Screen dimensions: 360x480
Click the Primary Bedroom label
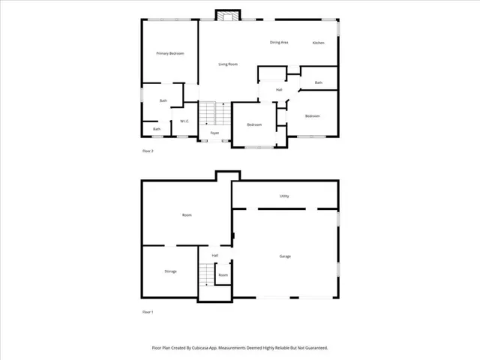pyautogui.click(x=169, y=54)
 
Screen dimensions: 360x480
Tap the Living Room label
pyautogui.click(x=228, y=64)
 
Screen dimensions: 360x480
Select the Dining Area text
pyautogui.click(x=279, y=43)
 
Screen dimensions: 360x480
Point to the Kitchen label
pyautogui.click(x=318, y=43)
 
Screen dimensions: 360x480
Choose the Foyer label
pyautogui.click(x=214, y=133)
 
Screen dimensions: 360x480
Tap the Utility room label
pyautogui.click(x=284, y=196)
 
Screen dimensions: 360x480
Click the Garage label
pyautogui.click(x=285, y=256)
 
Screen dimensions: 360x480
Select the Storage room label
pyautogui.click(x=170, y=271)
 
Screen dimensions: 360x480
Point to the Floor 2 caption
pyautogui.click(x=148, y=151)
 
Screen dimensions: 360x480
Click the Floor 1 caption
pyautogui.click(x=148, y=311)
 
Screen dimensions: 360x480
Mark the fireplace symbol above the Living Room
pyautogui.click(x=226, y=16)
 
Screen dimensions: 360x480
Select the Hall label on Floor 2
pyautogui.click(x=279, y=90)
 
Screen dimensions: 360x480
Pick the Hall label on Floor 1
pyautogui.click(x=214, y=256)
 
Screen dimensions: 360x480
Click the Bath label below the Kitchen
pyautogui.click(x=318, y=82)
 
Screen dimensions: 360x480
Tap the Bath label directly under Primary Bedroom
pyautogui.click(x=163, y=100)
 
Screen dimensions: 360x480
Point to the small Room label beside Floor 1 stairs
pyautogui.click(x=223, y=275)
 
